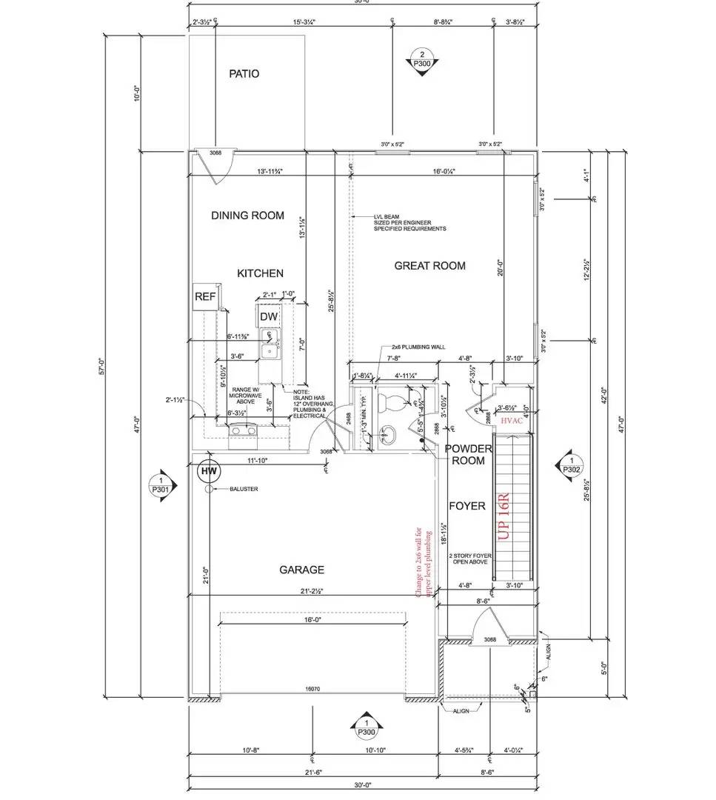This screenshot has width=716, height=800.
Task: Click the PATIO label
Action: [x=244, y=74]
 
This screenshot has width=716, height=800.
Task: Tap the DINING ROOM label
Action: [x=247, y=216]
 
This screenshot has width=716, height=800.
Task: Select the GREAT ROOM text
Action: [x=429, y=266]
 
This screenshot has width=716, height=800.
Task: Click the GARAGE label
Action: [x=301, y=570]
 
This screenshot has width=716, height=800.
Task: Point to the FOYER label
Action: [x=467, y=506]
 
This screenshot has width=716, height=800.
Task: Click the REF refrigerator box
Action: [x=205, y=297]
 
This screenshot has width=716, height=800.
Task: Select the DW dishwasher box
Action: [x=269, y=316]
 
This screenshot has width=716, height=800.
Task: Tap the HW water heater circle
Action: [x=210, y=471]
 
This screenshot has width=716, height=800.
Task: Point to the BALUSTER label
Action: [x=243, y=490]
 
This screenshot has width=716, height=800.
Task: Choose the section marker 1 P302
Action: [x=571, y=464]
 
